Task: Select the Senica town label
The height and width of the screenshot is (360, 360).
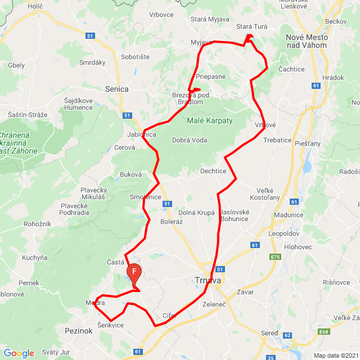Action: [x=116, y=89]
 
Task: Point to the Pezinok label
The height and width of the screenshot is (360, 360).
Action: [x=78, y=331]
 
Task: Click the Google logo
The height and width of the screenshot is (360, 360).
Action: [x=19, y=353]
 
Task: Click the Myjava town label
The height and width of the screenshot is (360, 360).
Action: [x=201, y=42]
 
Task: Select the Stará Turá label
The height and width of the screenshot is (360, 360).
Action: [x=252, y=26]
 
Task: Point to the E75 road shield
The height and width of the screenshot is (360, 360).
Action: [x=275, y=257]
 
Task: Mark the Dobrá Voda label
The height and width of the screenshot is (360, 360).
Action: [x=190, y=141]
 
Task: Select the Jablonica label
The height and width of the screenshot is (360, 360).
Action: [x=141, y=135]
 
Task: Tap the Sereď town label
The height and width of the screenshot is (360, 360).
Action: [x=269, y=333]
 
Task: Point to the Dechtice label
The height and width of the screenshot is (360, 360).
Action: [x=213, y=171]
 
